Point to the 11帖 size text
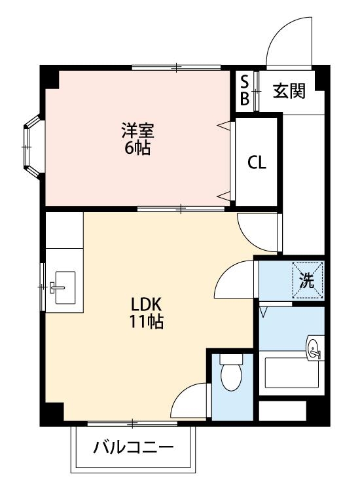tap(146, 322)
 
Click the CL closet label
tap(257, 163)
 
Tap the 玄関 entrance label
tap(289, 91)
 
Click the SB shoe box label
tap(244, 90)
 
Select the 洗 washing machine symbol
tap(308, 281)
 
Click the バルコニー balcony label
tap(134, 449)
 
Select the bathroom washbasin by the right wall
tap(314, 348)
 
